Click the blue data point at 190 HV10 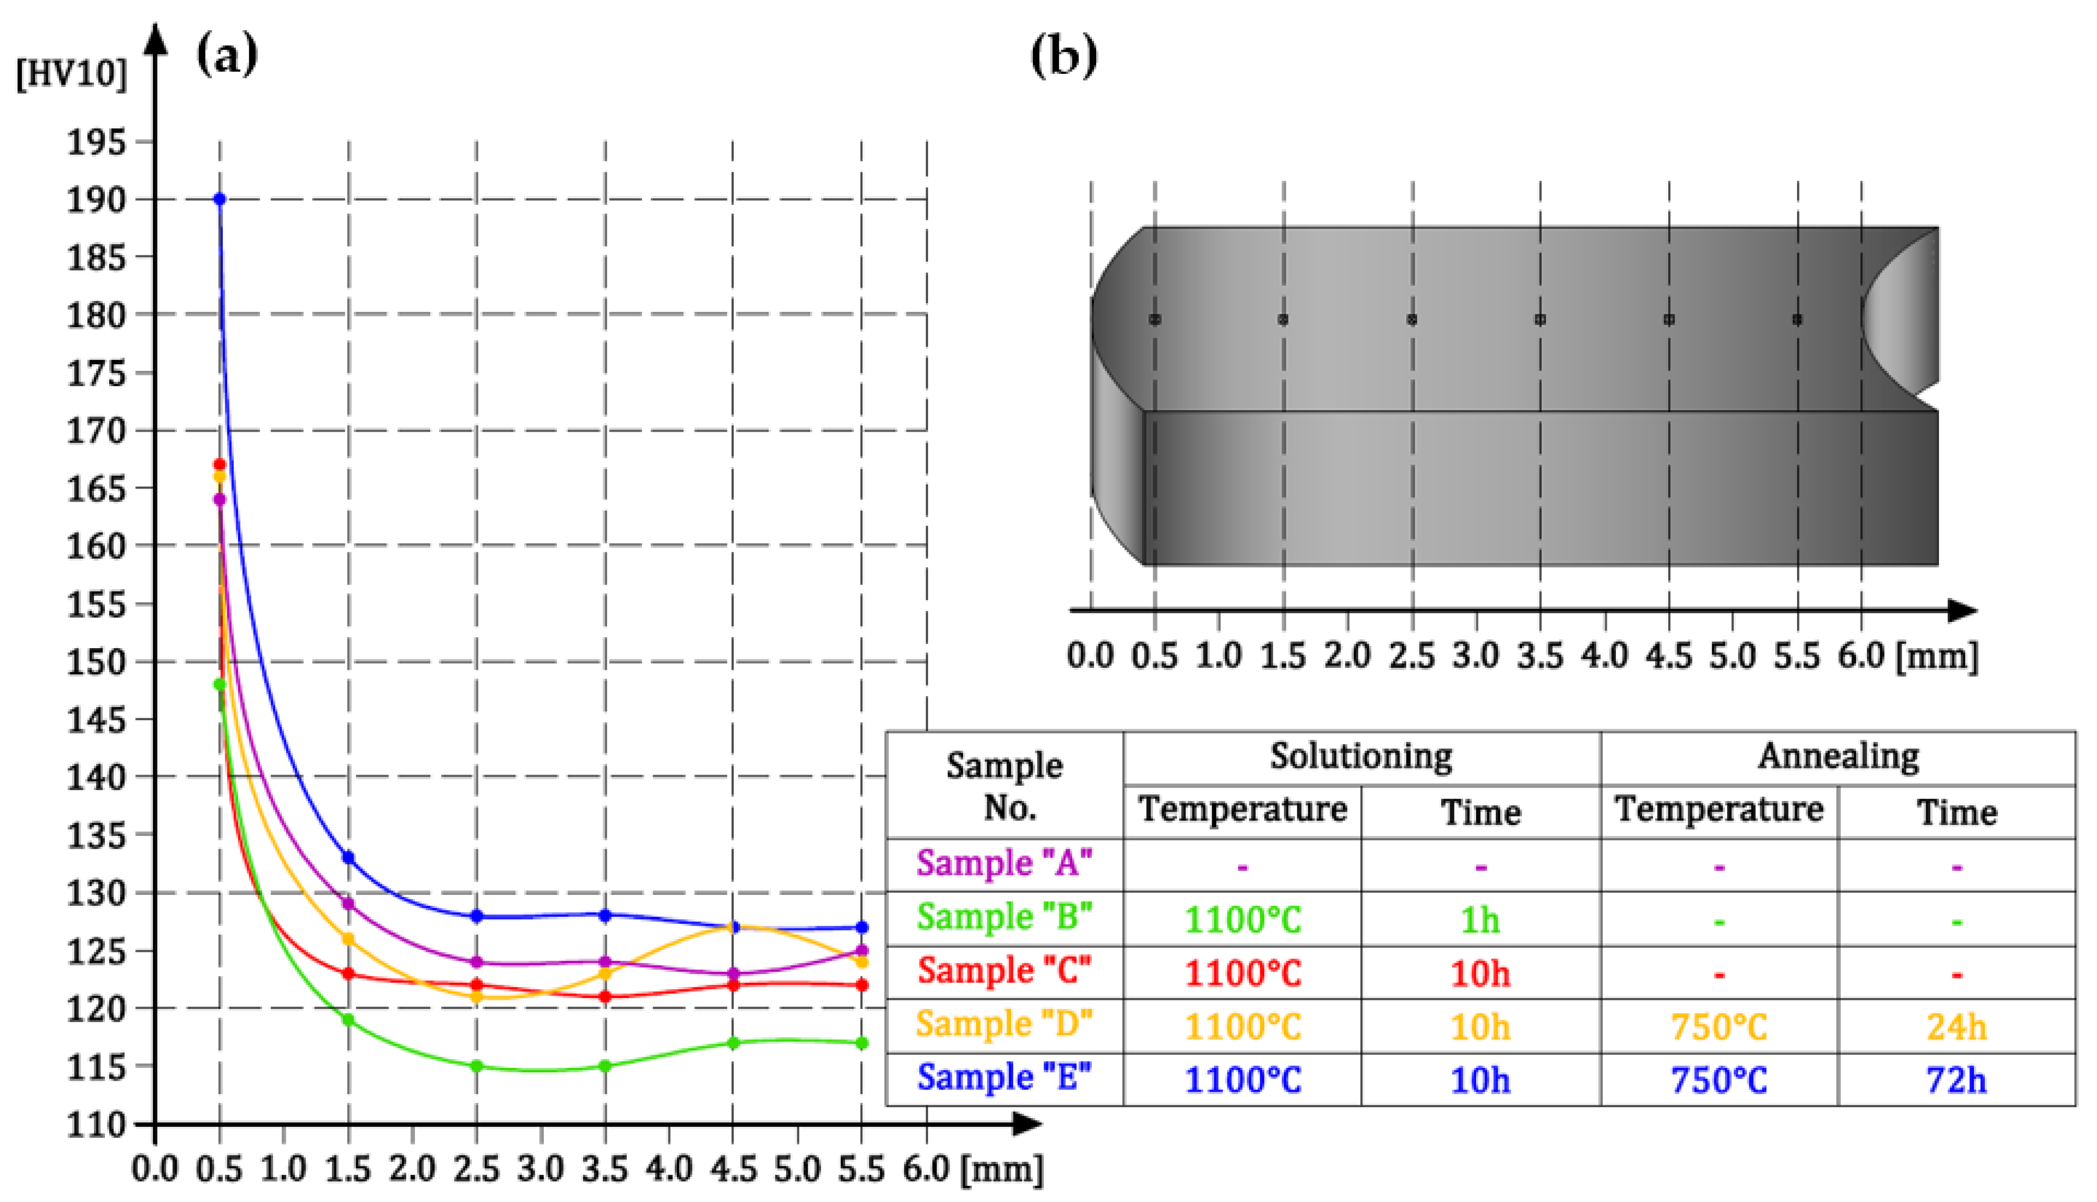[x=219, y=199]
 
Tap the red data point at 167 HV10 [x=219, y=465]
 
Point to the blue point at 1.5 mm [x=348, y=858]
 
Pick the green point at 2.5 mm [x=476, y=1066]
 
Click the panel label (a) [x=226, y=55]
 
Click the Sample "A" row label [x=1004, y=863]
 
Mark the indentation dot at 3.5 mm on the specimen [x=1540, y=320]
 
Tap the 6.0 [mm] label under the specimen [x=1907, y=656]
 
